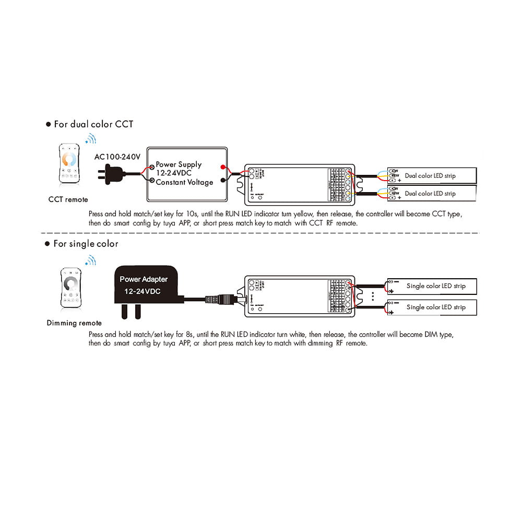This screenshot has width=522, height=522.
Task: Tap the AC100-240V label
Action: (x=118, y=156)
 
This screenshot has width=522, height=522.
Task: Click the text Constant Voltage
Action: (x=184, y=182)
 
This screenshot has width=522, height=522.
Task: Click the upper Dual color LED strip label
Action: (x=430, y=176)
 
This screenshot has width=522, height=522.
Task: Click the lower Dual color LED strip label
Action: (x=430, y=194)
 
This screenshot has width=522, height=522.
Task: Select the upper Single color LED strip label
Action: (x=436, y=286)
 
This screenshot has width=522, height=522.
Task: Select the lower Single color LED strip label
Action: (x=436, y=307)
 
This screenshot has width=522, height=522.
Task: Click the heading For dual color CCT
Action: (x=93, y=124)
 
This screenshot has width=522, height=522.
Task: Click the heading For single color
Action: (x=86, y=244)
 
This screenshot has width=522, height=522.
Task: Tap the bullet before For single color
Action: (x=48, y=244)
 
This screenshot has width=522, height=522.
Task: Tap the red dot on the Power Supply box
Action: (x=223, y=167)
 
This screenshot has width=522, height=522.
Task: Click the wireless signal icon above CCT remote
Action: (x=91, y=139)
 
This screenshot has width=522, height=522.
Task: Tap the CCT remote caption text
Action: (x=68, y=199)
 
